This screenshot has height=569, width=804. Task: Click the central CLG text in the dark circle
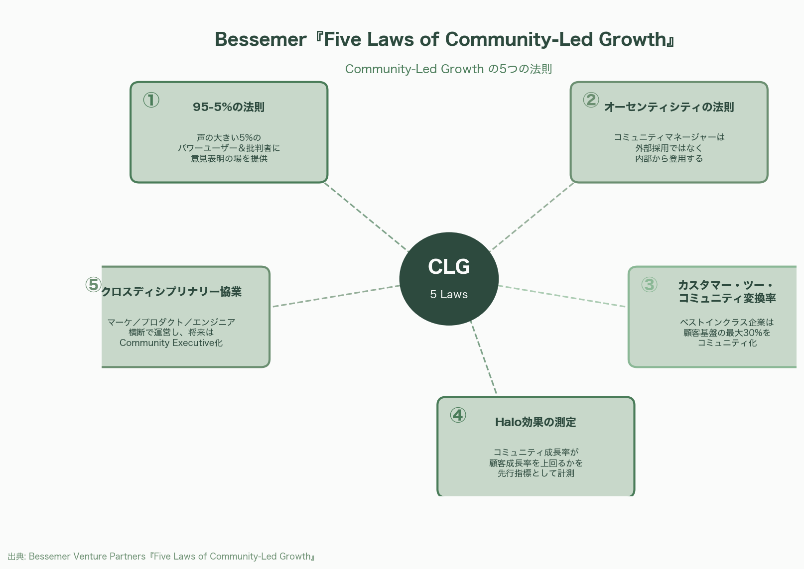pyautogui.click(x=449, y=267)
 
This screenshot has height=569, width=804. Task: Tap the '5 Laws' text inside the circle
pyautogui.click(x=449, y=294)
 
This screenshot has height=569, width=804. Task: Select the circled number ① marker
pyautogui.click(x=151, y=100)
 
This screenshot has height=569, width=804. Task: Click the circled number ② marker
pyautogui.click(x=591, y=100)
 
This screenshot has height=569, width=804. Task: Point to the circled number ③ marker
pyautogui.click(x=649, y=285)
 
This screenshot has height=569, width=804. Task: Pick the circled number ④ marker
pyautogui.click(x=458, y=415)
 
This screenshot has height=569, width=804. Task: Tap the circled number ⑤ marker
pyautogui.click(x=93, y=285)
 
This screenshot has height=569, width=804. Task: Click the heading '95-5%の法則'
pyautogui.click(x=229, y=107)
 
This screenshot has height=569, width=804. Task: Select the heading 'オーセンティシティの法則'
pyautogui.click(x=669, y=107)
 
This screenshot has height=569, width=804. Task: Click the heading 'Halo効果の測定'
pyautogui.click(x=536, y=422)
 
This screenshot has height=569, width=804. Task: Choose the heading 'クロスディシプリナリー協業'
pyautogui.click(x=171, y=292)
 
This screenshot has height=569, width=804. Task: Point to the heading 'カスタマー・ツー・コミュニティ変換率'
pyautogui.click(x=727, y=292)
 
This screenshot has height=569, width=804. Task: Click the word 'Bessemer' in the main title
pyautogui.click(x=261, y=39)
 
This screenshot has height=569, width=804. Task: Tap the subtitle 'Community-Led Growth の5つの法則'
pyautogui.click(x=448, y=69)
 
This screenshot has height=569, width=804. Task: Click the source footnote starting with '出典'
pyautogui.click(x=161, y=556)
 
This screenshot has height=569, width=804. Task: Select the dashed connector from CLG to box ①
pyautogui.click(x=366, y=217)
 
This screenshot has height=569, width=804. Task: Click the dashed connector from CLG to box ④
pyautogui.click(x=483, y=358)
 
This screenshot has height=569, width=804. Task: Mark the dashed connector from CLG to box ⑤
pyautogui.click(x=336, y=296)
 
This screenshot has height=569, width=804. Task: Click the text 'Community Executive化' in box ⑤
pyautogui.click(x=171, y=342)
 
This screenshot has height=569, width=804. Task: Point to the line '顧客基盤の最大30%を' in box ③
pyautogui.click(x=727, y=333)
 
